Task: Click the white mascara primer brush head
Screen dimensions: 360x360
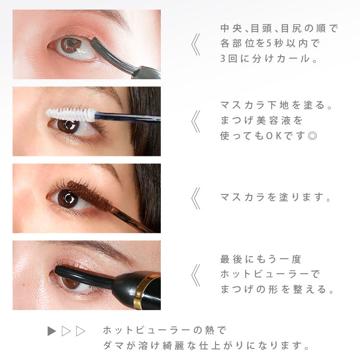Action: [71, 114]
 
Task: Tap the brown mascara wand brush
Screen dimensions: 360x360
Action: [90, 196]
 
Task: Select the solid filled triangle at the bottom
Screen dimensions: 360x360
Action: [52, 331]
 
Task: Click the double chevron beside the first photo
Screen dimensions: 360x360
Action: [196, 45]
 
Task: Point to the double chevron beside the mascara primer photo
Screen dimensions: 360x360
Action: [196, 121]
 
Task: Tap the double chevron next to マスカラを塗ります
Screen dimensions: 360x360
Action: [196, 198]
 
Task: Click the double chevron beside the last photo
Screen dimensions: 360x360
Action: [196, 276]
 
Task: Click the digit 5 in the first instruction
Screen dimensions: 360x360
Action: [269, 43]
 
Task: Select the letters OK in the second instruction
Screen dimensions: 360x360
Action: [274, 136]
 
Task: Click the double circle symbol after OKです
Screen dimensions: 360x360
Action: [312, 136]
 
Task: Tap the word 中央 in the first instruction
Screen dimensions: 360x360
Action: [231, 28]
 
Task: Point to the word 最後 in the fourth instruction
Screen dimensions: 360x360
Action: [231, 259]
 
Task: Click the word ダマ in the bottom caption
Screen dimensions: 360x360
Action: [113, 345]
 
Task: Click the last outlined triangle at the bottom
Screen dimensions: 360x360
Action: [81, 331]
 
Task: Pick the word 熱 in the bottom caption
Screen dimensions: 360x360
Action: [209, 330]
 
